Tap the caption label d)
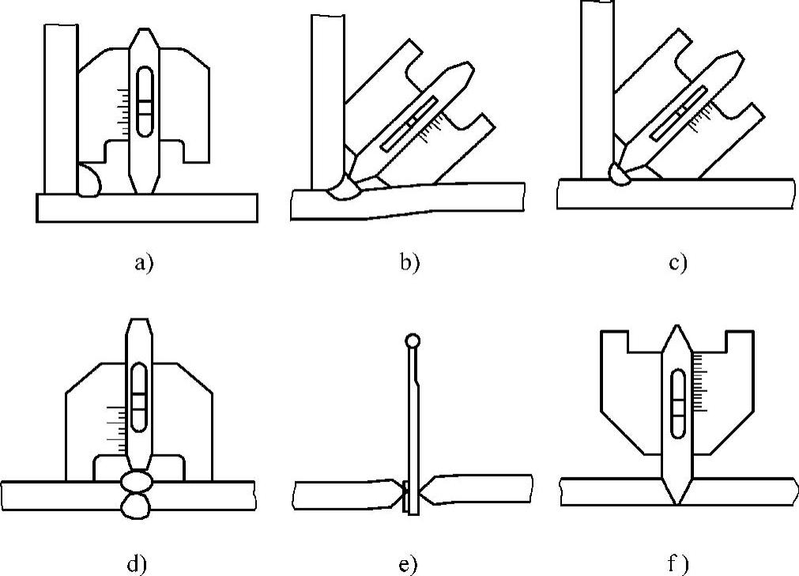[x=138, y=563]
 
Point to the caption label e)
[x=409, y=563]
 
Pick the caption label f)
[x=677, y=563]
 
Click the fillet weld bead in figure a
[x=89, y=181]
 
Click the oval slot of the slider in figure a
[x=145, y=98]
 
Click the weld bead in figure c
[x=618, y=172]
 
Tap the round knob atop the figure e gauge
[x=411, y=342]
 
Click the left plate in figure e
[x=344, y=494]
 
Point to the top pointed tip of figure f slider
[x=676, y=327]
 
